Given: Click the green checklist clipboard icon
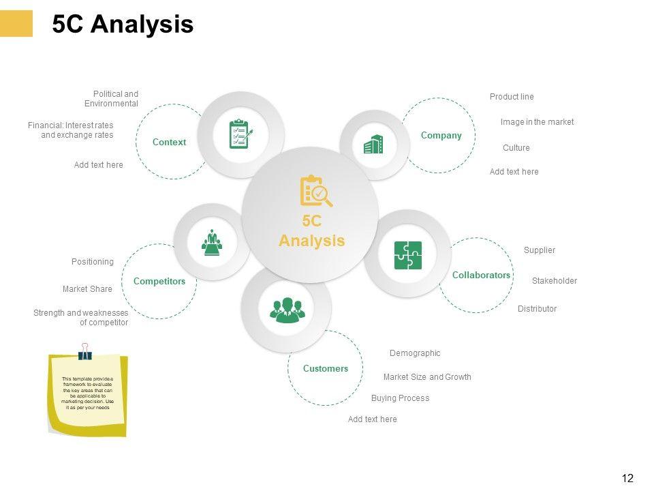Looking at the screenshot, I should (242, 134).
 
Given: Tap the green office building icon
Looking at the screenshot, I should (373, 145).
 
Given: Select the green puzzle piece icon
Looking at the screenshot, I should (407, 255).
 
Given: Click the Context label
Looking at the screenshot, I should (169, 142).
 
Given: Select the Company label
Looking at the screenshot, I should (441, 135).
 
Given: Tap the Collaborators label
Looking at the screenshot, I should (481, 275).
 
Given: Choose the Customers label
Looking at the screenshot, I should (325, 368).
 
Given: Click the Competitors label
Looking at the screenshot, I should (159, 281).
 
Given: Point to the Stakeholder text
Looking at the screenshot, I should (554, 281).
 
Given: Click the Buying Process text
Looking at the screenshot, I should (400, 398).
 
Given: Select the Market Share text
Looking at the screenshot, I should (87, 289).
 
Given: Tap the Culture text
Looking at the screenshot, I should (516, 148).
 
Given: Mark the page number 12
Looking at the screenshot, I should (627, 479).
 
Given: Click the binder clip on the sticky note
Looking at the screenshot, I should (85, 351).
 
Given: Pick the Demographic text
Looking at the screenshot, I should (414, 353).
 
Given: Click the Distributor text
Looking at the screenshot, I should (537, 309).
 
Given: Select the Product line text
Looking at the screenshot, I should (512, 97).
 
